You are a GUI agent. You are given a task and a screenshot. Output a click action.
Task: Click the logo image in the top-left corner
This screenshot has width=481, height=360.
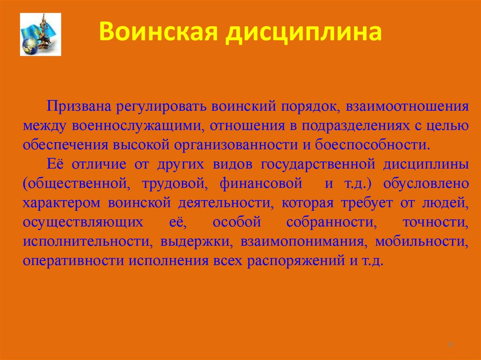point(40,35)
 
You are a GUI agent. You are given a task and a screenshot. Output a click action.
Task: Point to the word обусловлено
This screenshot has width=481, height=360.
point(426,183)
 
